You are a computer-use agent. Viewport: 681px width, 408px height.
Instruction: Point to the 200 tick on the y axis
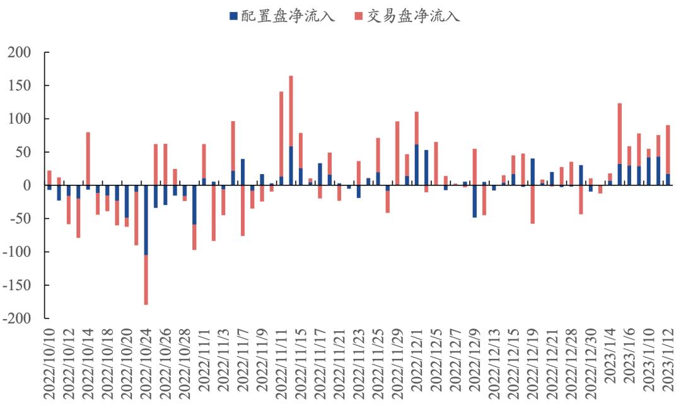pos(20,52)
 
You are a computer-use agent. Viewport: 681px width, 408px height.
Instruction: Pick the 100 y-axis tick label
pos(20,119)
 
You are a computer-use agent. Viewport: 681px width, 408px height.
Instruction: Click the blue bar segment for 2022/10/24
pos(146,220)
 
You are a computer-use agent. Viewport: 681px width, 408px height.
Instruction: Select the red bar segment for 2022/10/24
pos(146,280)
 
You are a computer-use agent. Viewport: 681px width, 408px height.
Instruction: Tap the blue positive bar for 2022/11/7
pos(243,172)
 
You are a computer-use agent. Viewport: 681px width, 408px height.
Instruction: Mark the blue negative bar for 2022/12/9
pos(474,201)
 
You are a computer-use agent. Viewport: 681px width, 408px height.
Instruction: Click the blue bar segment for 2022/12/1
pos(417,165)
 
